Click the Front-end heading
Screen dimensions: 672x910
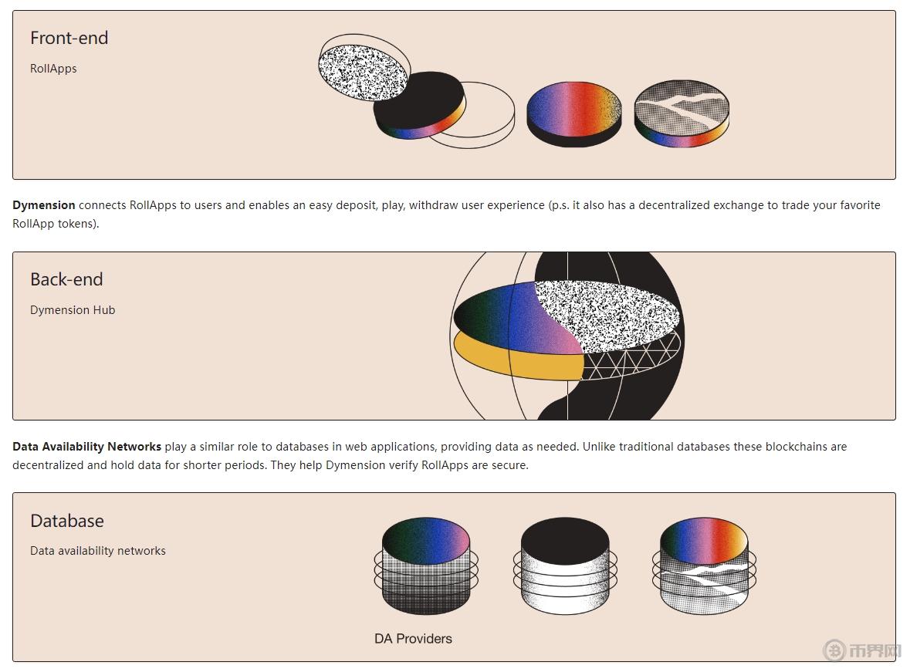coord(69,38)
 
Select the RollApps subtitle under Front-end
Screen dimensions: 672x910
coord(53,69)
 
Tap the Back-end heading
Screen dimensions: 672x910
coord(66,279)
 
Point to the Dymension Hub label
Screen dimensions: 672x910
coord(73,310)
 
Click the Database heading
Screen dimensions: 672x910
coord(67,521)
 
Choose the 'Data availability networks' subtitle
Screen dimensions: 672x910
coord(98,551)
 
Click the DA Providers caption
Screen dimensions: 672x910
coord(413,639)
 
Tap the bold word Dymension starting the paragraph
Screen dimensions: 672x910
coord(44,205)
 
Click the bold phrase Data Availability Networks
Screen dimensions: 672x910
coord(86,447)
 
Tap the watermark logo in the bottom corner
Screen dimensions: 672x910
coord(861,650)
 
